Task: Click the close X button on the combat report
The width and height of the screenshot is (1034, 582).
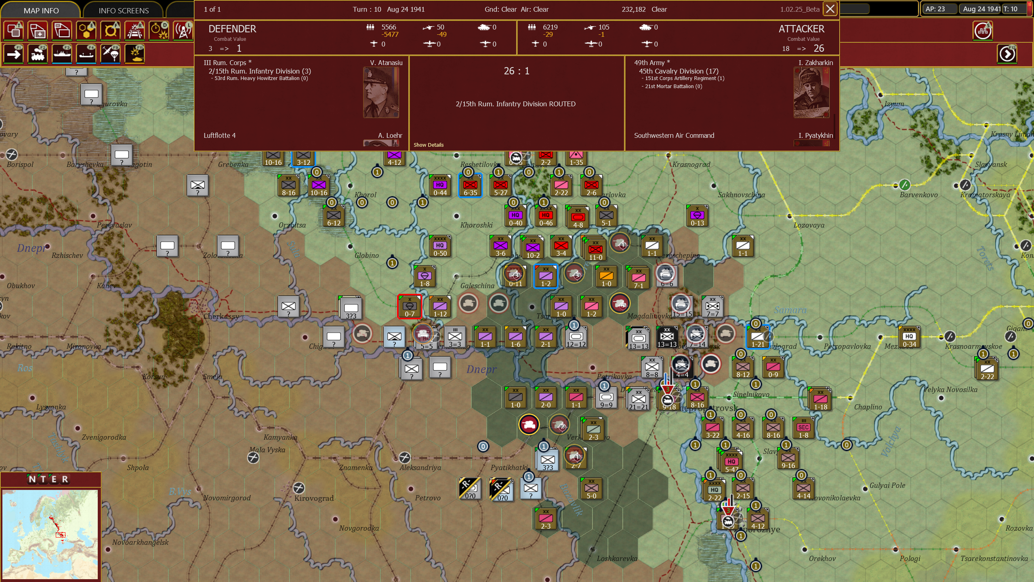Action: (830, 9)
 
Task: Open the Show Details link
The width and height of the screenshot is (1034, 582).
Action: (428, 145)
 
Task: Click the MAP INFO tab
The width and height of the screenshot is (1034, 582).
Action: (41, 11)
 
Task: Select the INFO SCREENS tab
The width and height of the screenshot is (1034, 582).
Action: (124, 11)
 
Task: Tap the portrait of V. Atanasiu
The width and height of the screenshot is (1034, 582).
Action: (380, 93)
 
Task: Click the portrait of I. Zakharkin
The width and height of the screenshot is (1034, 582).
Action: (811, 93)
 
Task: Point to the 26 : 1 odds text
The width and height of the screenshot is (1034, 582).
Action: (516, 71)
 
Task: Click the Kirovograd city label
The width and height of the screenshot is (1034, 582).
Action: (314, 498)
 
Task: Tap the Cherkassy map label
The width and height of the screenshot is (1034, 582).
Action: (221, 316)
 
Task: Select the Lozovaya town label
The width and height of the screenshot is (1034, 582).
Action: (809, 225)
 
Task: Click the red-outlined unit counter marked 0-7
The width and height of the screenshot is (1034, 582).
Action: (409, 306)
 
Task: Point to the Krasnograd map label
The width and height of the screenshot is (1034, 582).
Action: (691, 164)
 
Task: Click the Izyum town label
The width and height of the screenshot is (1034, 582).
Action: (894, 104)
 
